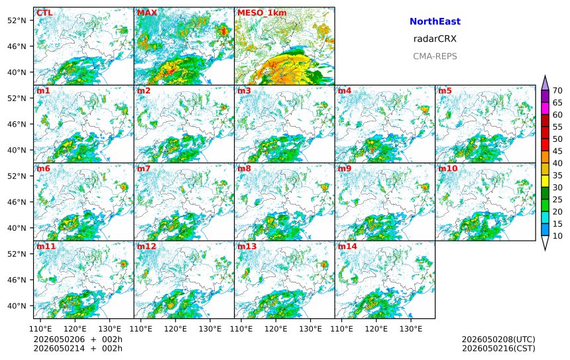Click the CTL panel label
44,13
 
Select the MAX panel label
147,13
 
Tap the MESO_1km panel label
262,13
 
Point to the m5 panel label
445,91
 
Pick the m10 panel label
447,168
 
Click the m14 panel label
347,247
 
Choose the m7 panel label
144,168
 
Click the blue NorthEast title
435,21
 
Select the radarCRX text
435,39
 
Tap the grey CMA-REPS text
435,56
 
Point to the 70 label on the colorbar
557,91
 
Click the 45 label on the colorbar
557,151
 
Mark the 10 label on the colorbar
557,236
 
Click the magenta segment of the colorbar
545,109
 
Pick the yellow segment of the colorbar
545,182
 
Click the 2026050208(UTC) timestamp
498,339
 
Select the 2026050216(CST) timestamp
498,349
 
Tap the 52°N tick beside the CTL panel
17,20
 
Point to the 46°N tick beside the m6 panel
17,202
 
